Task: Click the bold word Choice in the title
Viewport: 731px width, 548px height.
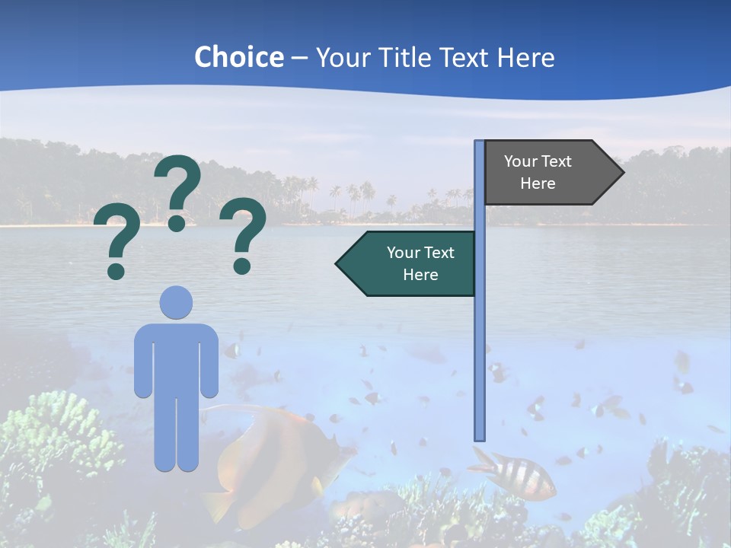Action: (238, 57)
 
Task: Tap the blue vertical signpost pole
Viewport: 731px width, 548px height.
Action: (479, 342)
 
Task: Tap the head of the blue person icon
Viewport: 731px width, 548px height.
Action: (176, 302)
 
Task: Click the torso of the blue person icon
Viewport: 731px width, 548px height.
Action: (176, 358)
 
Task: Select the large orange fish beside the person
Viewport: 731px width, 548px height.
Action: (274, 457)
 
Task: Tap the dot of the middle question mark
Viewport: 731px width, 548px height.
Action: (177, 222)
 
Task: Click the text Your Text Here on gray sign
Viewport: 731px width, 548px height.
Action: (538, 172)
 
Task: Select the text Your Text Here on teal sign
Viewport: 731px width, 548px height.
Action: (420, 263)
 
